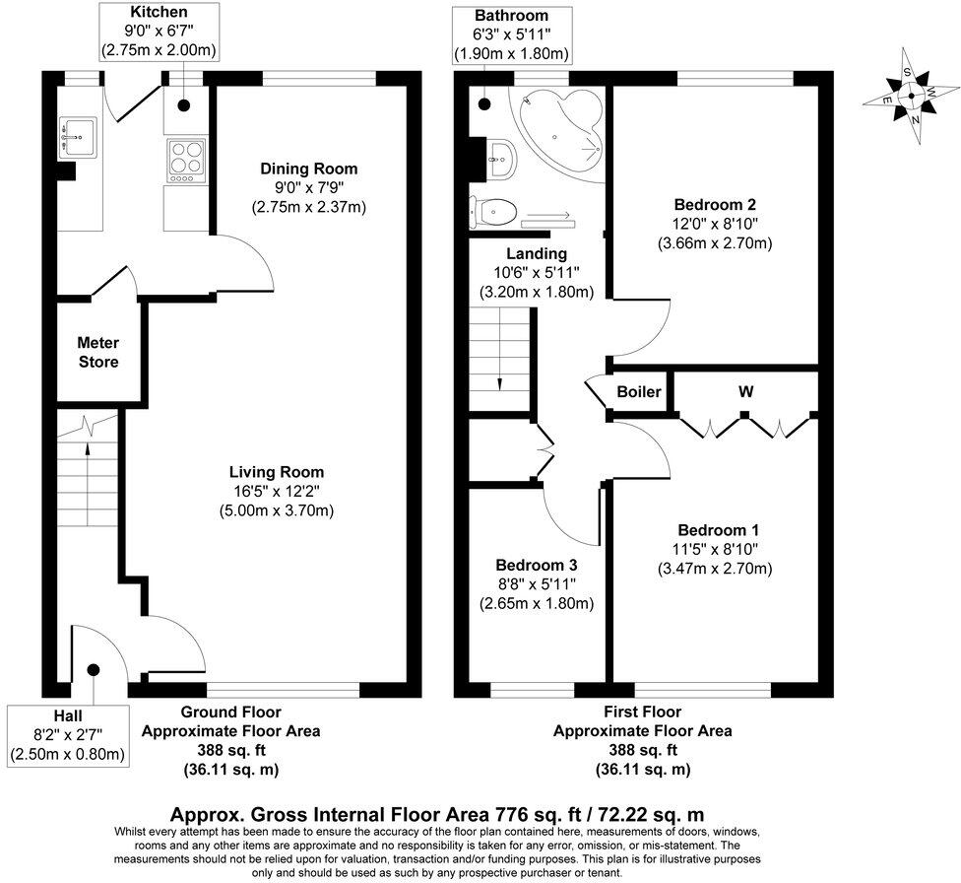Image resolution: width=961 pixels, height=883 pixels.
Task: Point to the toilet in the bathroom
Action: (x=493, y=209)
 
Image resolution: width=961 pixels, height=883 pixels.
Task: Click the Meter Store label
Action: (x=98, y=353)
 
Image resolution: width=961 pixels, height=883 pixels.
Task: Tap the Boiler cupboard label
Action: (x=639, y=392)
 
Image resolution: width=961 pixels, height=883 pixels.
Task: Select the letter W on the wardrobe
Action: (x=746, y=392)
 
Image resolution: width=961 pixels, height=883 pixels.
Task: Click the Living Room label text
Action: (x=277, y=472)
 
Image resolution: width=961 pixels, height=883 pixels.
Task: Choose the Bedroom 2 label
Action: (x=714, y=205)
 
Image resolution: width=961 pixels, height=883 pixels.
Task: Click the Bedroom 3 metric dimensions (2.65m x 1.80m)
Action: (x=536, y=603)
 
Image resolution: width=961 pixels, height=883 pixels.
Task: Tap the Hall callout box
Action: (x=68, y=734)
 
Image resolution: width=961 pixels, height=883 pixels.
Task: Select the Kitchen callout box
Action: (x=159, y=32)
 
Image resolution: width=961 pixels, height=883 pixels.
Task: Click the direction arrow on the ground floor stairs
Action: (x=89, y=453)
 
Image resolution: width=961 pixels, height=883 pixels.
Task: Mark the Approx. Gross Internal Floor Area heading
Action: (x=437, y=815)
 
